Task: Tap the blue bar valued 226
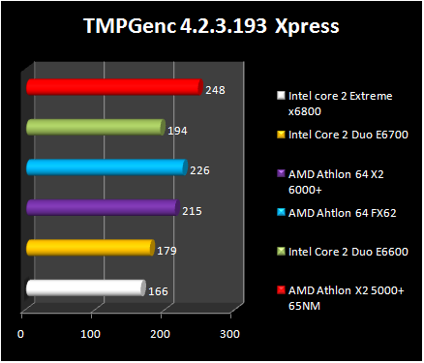(106, 167)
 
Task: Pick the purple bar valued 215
(103, 207)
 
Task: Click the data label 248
(216, 90)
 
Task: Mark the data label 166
(159, 289)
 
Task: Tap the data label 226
(199, 170)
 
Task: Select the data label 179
(168, 251)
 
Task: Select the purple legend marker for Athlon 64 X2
(282, 174)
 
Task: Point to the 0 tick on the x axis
(21, 334)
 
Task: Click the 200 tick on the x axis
(160, 334)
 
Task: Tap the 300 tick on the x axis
(229, 334)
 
